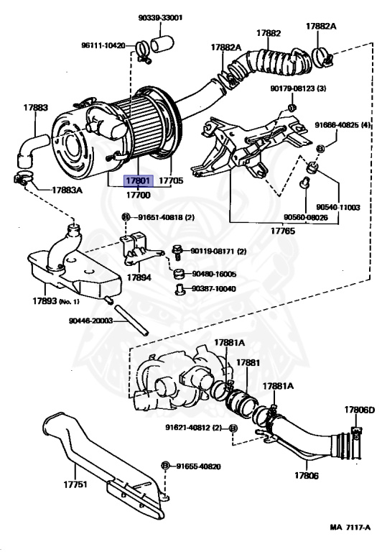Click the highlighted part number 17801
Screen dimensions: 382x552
139,180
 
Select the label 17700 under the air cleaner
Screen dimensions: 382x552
139,195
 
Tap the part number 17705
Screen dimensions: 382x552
171,180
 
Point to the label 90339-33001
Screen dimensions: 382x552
160,17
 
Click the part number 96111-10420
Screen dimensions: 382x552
103,45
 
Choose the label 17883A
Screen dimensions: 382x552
67,190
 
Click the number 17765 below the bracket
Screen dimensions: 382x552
283,231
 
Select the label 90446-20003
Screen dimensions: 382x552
90,321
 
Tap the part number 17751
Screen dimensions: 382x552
75,484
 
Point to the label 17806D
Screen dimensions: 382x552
360,410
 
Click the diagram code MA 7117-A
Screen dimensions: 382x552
350,528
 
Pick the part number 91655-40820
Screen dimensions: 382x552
198,466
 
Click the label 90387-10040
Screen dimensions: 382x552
213,289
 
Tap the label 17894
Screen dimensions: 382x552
139,277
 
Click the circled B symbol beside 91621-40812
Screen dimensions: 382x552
233,428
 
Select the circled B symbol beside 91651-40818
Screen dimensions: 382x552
126,217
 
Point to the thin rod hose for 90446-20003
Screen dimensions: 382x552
131,321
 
